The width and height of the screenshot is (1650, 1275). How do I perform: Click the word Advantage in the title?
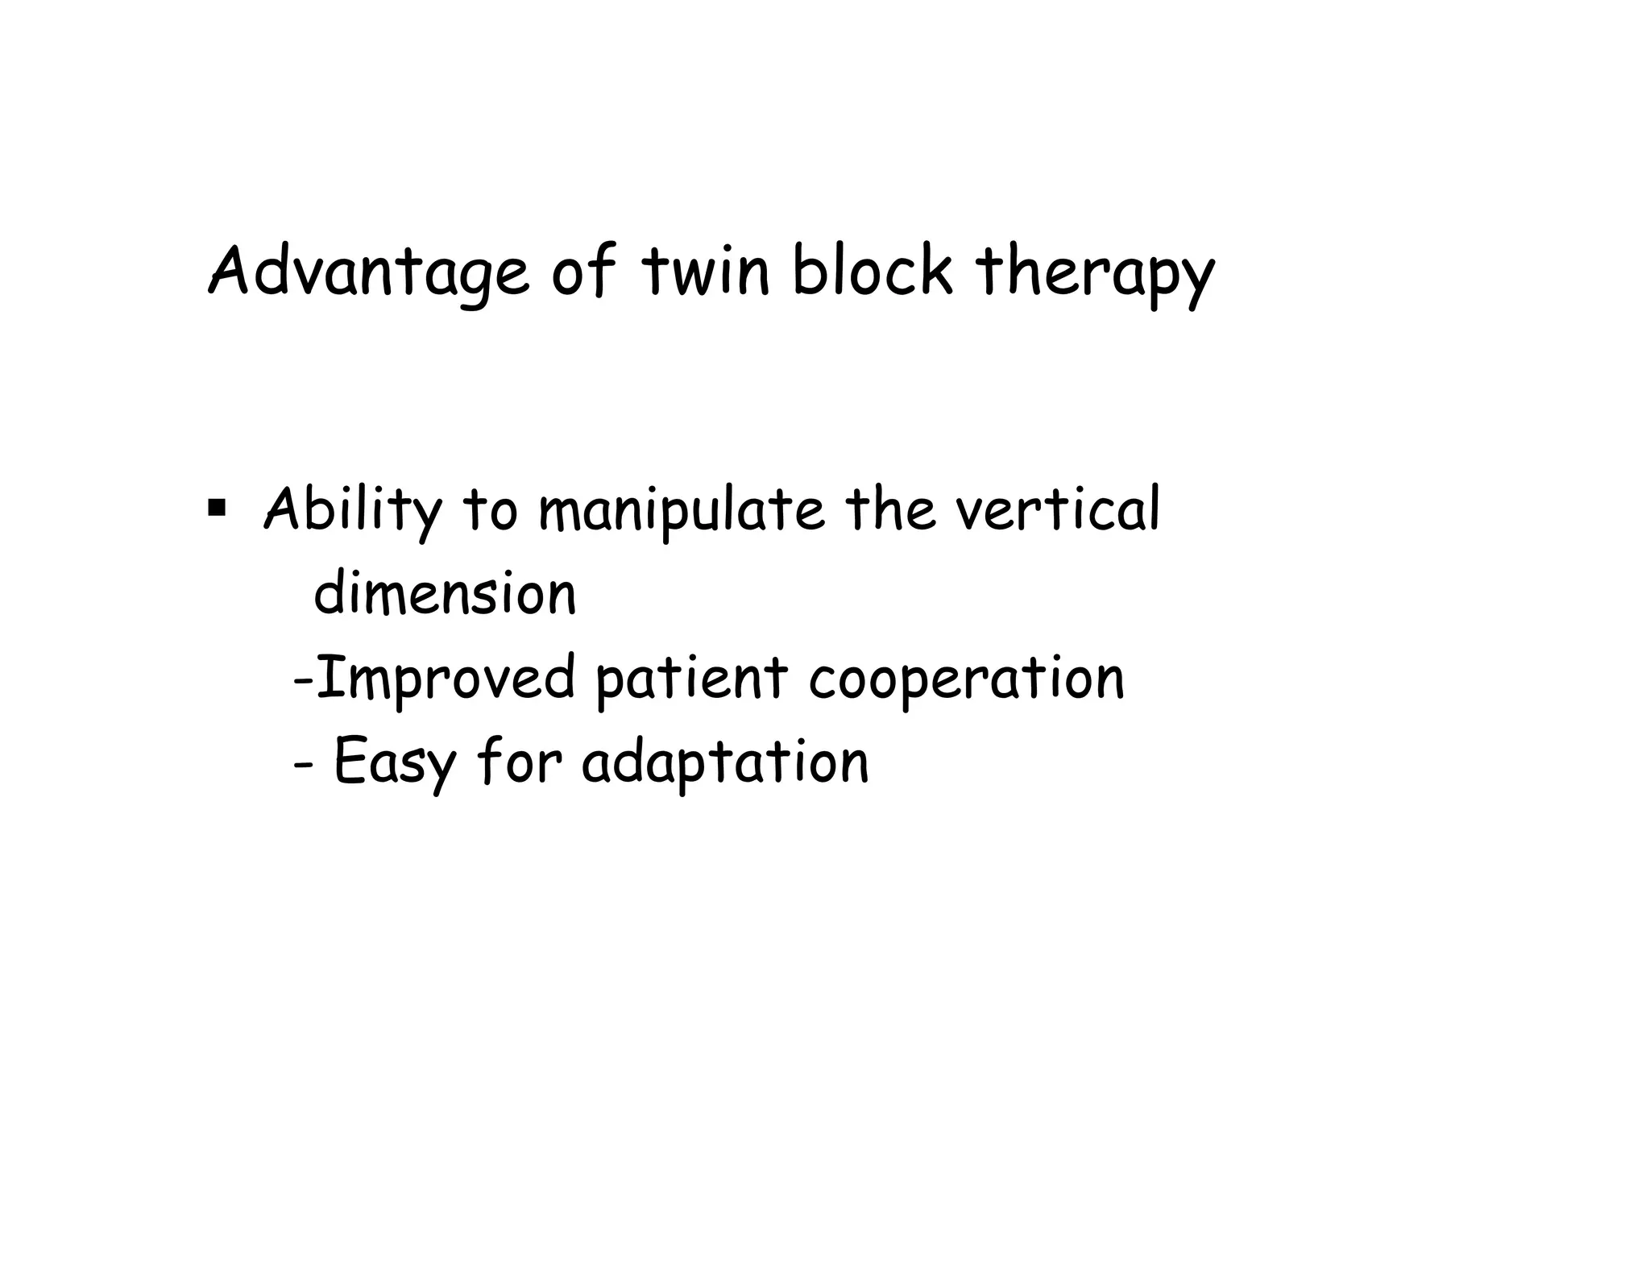[369, 272]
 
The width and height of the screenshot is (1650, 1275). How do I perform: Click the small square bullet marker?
[216, 508]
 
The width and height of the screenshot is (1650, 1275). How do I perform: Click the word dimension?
[445, 594]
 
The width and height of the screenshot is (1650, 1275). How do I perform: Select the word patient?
[690, 678]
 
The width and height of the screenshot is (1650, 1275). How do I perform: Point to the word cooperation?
[966, 678]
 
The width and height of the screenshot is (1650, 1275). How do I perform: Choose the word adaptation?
[725, 762]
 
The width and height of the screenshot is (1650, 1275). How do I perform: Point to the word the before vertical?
[891, 509]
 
